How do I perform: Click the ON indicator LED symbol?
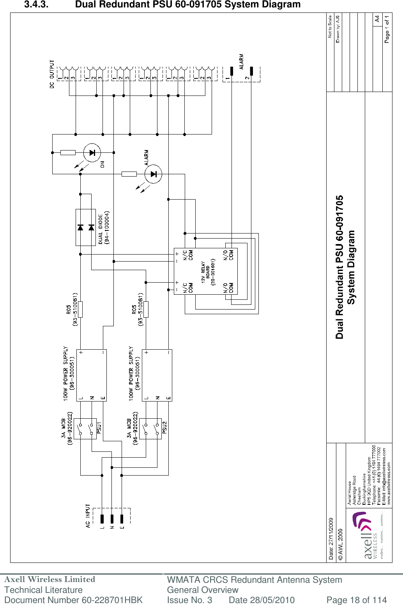(92, 153)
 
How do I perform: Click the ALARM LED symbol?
(153, 174)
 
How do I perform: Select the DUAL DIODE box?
(85, 227)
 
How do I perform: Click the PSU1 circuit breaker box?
(85, 429)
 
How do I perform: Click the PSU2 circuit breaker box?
(150, 429)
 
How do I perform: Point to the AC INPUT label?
(88, 516)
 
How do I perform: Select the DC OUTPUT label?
(52, 74)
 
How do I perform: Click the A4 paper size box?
(377, 19)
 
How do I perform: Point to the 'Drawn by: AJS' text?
(338, 29)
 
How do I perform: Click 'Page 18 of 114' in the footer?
(356, 600)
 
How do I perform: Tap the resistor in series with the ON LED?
(68, 153)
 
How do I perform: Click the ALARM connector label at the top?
(241, 62)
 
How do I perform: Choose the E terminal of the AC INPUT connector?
(122, 519)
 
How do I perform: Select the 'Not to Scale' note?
(330, 26)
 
